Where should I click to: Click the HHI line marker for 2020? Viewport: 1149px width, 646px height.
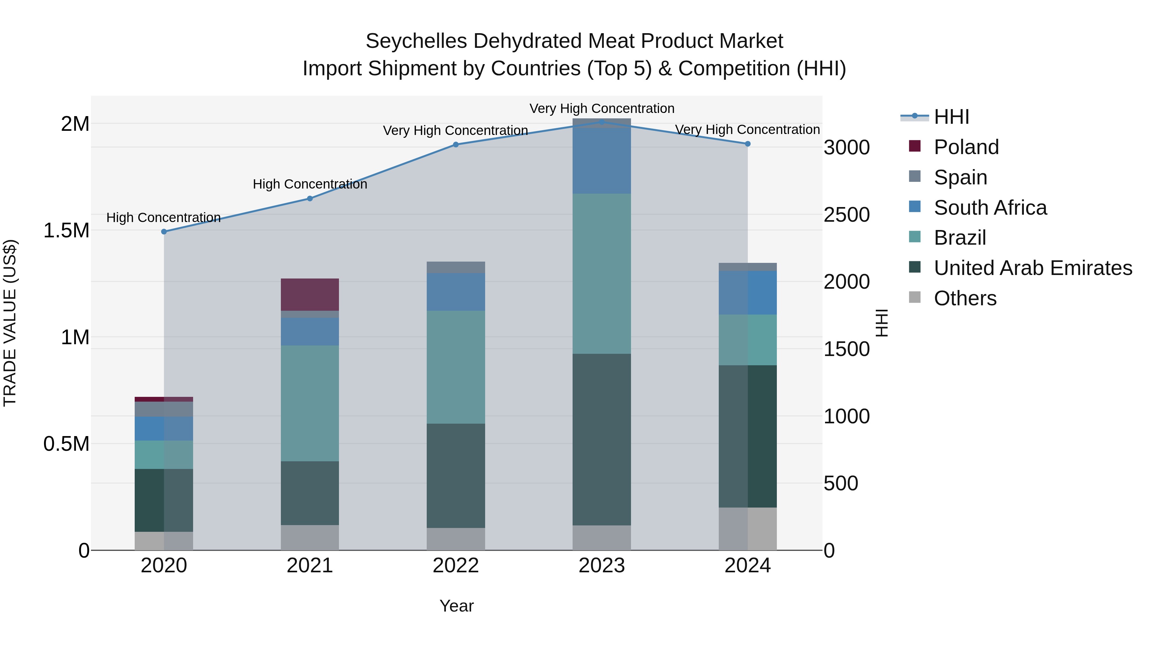tap(164, 231)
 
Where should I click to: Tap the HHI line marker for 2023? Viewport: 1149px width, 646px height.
tap(602, 122)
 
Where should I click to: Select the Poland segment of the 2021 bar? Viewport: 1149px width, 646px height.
tap(310, 294)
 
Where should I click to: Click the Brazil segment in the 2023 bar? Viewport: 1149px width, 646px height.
tap(602, 273)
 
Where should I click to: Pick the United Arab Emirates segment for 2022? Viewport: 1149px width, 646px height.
tap(455, 475)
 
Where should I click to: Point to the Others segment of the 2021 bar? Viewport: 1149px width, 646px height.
tap(310, 537)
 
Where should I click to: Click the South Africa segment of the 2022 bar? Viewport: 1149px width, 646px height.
tap(455, 292)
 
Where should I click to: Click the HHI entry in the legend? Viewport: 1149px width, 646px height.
tap(951, 117)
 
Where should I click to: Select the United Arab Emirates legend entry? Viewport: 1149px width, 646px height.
tap(1033, 268)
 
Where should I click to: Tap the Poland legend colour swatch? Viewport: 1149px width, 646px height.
tap(914, 146)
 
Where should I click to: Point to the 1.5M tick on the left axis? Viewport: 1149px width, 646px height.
tap(66, 231)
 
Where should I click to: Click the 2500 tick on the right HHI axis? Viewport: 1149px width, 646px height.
tap(846, 215)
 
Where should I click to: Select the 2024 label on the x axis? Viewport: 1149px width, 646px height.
tap(747, 566)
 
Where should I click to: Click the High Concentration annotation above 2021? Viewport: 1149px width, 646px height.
tap(310, 184)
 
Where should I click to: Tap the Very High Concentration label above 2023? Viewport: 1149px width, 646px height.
tap(602, 108)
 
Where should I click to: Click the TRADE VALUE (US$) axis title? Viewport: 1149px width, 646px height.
tap(10, 323)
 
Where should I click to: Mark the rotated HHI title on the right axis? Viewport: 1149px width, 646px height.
tap(882, 323)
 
